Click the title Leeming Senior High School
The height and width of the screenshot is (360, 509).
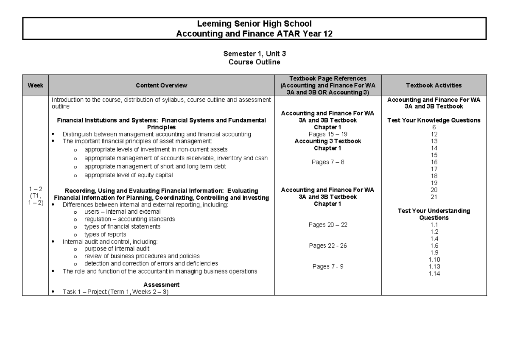pyautogui.click(x=254, y=25)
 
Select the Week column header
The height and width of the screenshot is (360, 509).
pyautogui.click(x=36, y=85)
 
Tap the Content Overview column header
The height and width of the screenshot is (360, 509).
pyautogui.click(x=162, y=85)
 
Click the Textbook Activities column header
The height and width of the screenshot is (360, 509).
pyautogui.click(x=434, y=85)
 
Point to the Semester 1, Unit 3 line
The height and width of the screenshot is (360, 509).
pyautogui.click(x=254, y=54)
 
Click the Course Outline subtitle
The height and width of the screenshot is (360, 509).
pyautogui.click(x=254, y=61)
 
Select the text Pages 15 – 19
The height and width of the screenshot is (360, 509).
pyautogui.click(x=328, y=134)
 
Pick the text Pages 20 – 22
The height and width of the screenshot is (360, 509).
pyautogui.click(x=328, y=225)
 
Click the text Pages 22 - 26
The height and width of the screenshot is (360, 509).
pyautogui.click(x=328, y=246)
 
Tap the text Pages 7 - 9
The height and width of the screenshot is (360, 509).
pyautogui.click(x=328, y=266)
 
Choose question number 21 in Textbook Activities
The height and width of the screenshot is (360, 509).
pyautogui.click(x=434, y=197)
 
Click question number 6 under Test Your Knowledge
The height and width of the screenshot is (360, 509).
pyautogui.click(x=434, y=127)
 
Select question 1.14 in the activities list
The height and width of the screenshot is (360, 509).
pyautogui.click(x=434, y=273)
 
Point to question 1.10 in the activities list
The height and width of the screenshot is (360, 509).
pyautogui.click(x=434, y=260)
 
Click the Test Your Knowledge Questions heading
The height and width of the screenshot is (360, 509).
pyautogui.click(x=434, y=120)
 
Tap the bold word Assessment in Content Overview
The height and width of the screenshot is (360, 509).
pyautogui.click(x=162, y=285)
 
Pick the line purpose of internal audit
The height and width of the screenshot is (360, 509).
pyautogui.click(x=117, y=249)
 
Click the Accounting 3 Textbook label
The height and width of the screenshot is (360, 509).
pyautogui.click(x=328, y=141)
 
